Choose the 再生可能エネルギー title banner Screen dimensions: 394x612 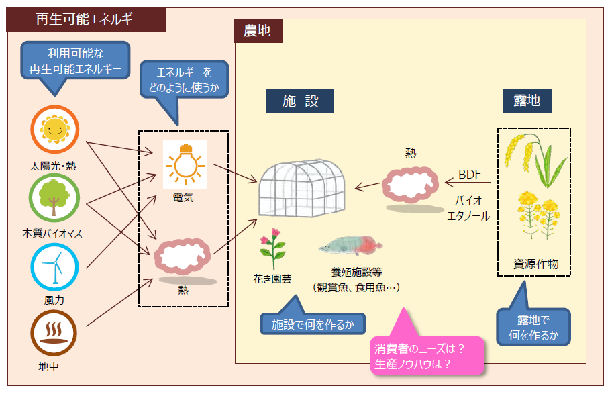pyautogui.click(x=86, y=19)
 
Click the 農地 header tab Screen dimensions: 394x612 pyautogui.click(x=258, y=31)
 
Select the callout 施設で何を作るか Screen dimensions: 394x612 pyautogui.click(x=313, y=324)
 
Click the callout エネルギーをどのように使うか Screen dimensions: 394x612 pyautogui.click(x=184, y=80)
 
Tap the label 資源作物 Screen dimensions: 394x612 pyautogui.click(x=534, y=264)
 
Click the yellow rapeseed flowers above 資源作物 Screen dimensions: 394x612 pyautogui.click(x=538, y=213)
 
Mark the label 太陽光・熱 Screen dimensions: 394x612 pyautogui.click(x=53, y=165)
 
